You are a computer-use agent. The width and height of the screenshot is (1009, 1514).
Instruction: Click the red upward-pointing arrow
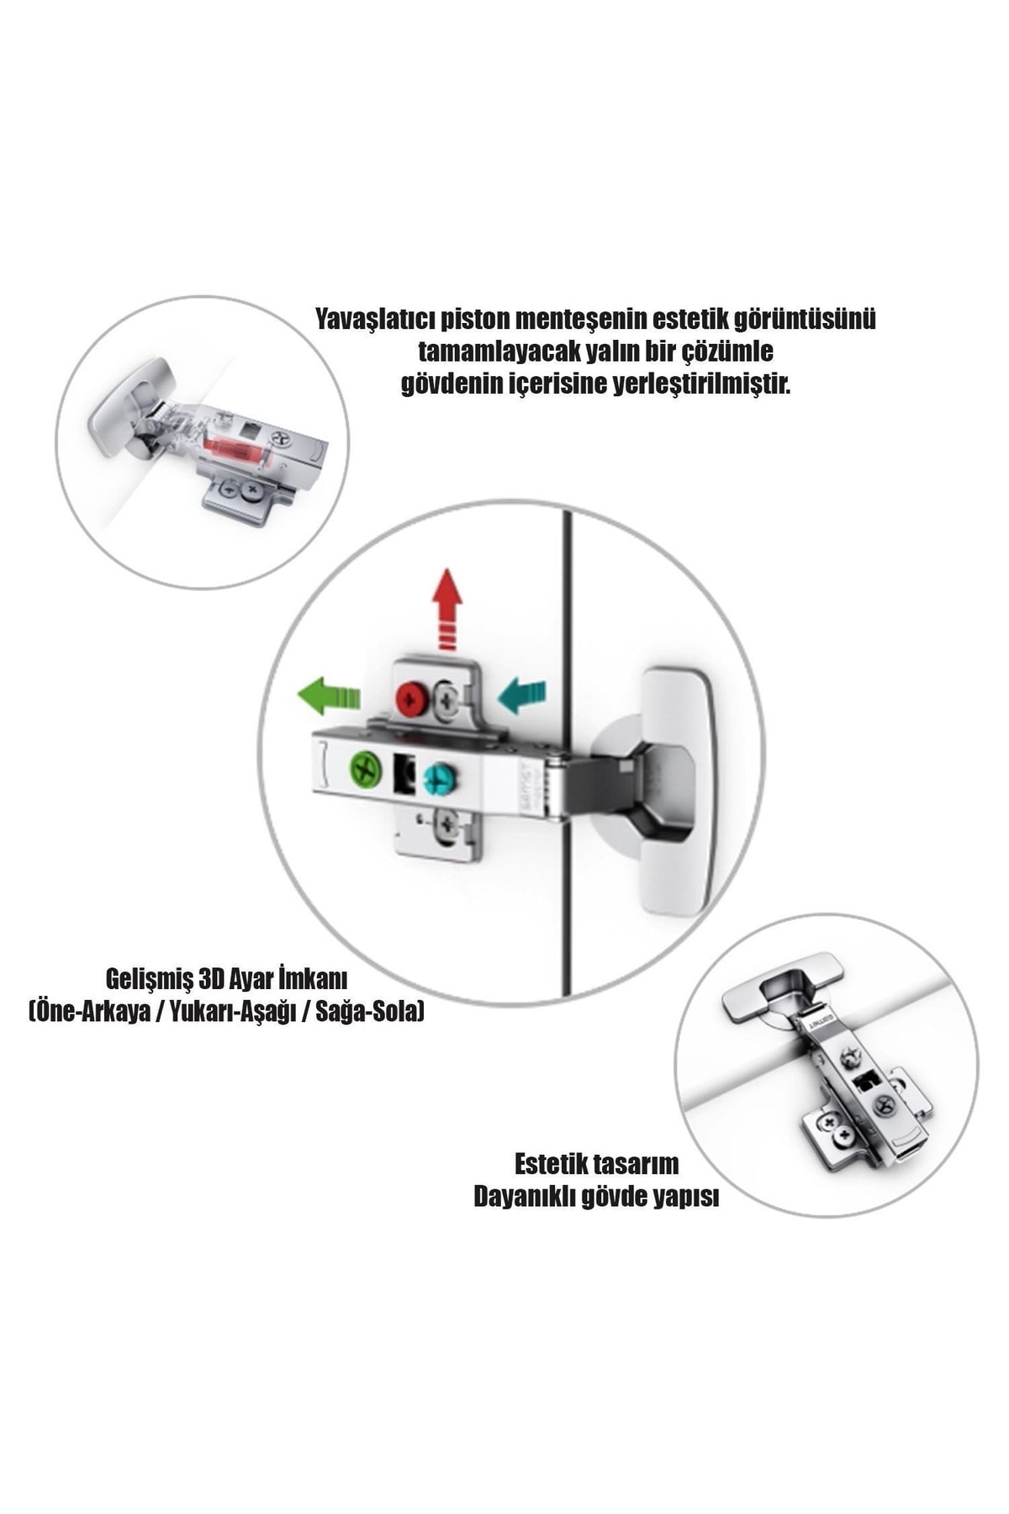446,609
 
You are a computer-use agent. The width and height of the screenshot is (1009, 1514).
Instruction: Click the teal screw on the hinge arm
438,778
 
